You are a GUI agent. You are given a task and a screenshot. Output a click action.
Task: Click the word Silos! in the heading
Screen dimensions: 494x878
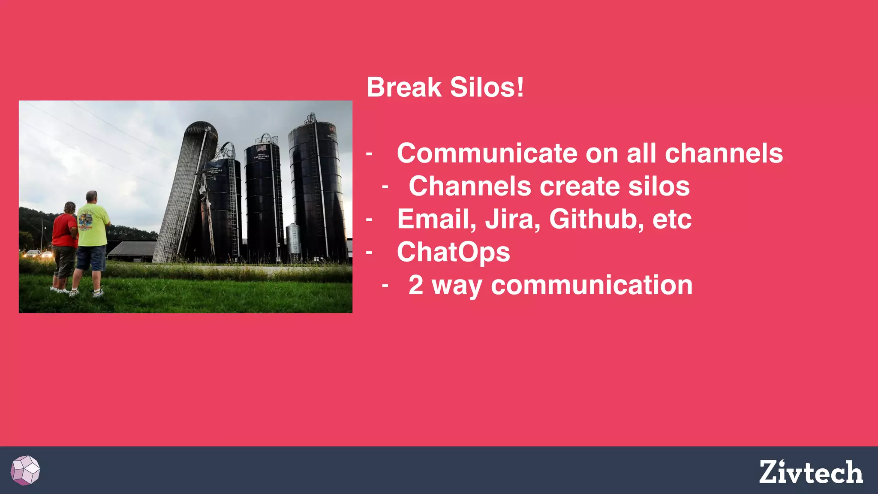[487, 87]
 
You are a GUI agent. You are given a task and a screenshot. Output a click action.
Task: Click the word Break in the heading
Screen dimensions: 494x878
[404, 87]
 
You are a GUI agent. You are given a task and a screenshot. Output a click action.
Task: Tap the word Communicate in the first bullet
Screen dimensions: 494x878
[487, 153]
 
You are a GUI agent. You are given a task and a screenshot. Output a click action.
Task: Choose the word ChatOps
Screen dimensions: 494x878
[453, 252]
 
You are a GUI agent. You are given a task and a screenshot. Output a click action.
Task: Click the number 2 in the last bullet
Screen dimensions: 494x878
[416, 285]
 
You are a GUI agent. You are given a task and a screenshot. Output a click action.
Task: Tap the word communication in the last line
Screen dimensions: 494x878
[592, 285]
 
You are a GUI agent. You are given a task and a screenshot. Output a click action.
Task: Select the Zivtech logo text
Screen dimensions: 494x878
[811, 472]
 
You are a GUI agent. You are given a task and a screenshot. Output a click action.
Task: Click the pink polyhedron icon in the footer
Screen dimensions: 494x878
[25, 470]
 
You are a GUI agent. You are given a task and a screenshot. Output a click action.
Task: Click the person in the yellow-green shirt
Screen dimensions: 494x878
[92, 240]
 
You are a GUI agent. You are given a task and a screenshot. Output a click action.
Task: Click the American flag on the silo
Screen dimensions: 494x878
[261, 148]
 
